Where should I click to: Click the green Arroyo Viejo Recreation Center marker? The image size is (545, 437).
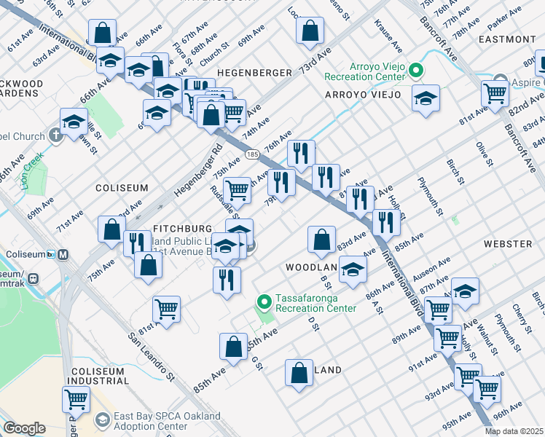point(415,71)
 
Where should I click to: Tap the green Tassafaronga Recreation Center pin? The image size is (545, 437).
point(265,301)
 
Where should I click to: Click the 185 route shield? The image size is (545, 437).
point(252,154)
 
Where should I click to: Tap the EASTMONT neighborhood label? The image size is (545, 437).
point(509,39)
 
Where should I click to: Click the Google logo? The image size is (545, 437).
point(24,428)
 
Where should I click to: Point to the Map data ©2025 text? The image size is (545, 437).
point(514,431)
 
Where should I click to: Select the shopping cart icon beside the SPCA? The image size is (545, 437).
point(76,399)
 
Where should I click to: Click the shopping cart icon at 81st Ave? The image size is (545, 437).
point(167,308)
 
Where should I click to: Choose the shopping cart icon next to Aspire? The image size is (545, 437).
point(495,92)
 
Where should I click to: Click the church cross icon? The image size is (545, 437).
point(55,135)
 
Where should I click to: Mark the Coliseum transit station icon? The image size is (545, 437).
point(63,255)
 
